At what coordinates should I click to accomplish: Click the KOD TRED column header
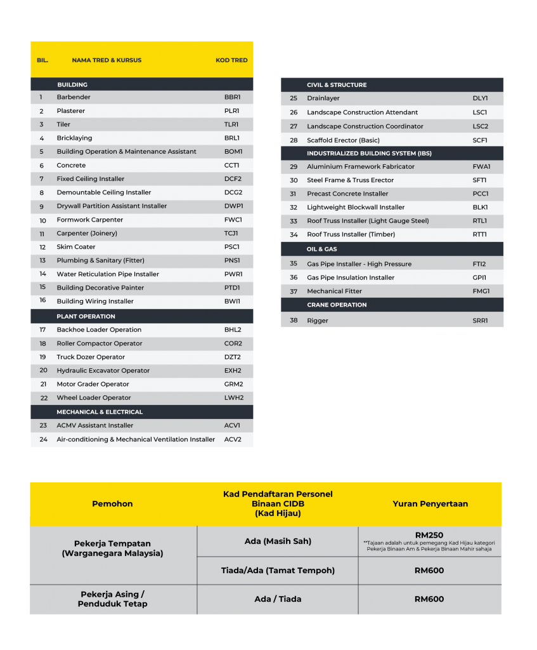click(x=231, y=60)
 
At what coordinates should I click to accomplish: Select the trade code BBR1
click(x=232, y=97)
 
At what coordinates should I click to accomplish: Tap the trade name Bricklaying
click(x=74, y=138)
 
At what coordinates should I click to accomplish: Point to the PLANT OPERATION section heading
click(x=86, y=316)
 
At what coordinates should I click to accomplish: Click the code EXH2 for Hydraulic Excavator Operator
click(x=233, y=371)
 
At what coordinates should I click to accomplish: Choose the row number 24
click(x=43, y=439)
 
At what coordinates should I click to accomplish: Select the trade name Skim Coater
click(x=76, y=247)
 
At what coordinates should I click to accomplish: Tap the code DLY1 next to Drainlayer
click(x=480, y=98)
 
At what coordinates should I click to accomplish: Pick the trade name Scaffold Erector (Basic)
click(x=344, y=140)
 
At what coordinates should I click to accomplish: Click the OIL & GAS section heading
click(x=322, y=249)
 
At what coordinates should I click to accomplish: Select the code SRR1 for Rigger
click(x=480, y=321)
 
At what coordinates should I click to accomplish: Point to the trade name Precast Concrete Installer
click(x=347, y=194)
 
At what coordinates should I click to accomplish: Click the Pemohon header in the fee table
click(x=112, y=504)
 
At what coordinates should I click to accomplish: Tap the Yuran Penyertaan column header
click(x=430, y=504)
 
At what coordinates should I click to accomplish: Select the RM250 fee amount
click(x=429, y=535)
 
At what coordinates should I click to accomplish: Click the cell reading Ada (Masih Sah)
click(x=278, y=541)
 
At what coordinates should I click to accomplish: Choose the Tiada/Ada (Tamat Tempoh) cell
click(x=278, y=571)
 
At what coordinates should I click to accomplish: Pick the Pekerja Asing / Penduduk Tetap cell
click(x=112, y=599)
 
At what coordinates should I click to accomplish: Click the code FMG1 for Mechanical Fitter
click(x=481, y=291)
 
